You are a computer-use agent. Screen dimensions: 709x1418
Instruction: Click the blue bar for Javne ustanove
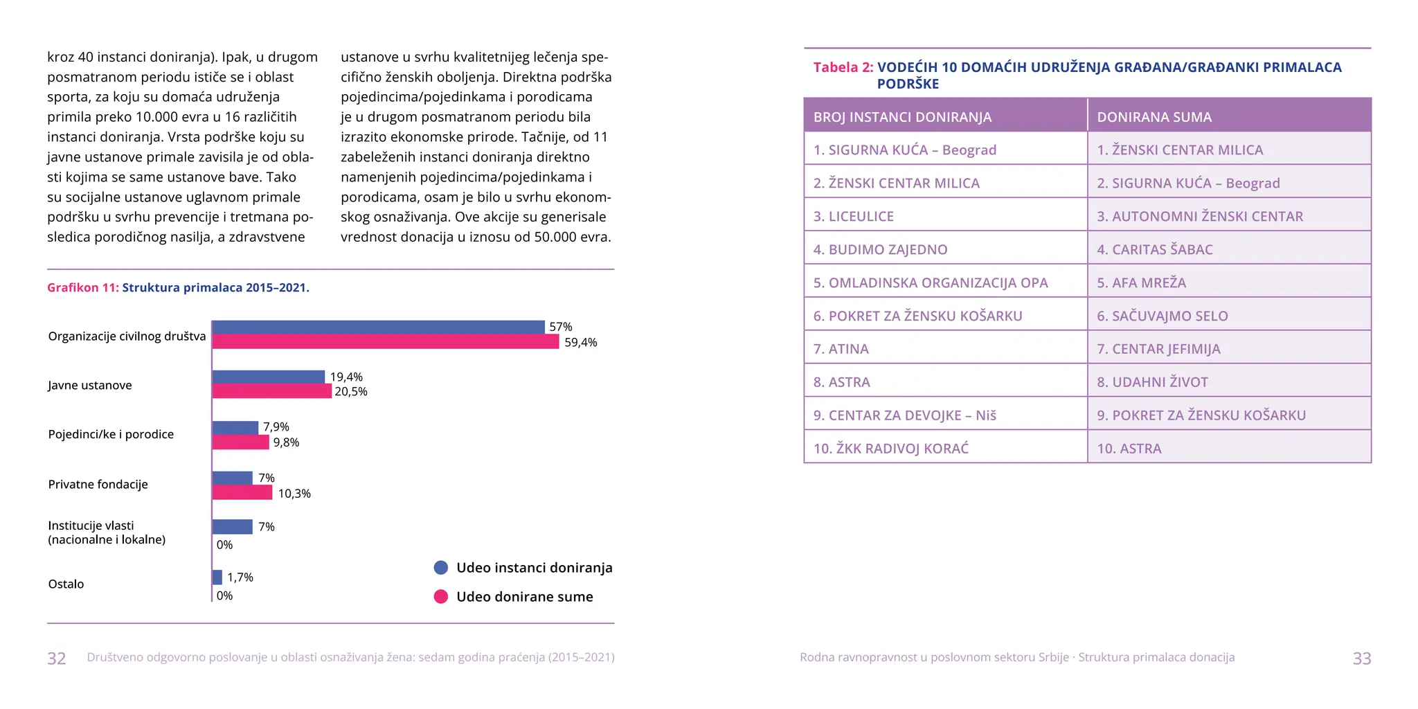(268, 377)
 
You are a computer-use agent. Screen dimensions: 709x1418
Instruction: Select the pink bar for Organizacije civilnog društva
(385, 342)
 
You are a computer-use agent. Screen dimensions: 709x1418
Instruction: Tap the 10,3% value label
(294, 494)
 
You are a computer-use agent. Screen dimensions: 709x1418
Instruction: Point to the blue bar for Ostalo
(217, 577)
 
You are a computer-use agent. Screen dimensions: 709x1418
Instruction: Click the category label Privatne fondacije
(98, 485)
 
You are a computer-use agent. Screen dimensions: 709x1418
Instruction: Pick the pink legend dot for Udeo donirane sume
(441, 597)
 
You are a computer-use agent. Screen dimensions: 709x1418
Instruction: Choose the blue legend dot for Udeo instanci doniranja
(441, 568)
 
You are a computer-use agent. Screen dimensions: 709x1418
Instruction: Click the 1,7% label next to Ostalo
(240, 577)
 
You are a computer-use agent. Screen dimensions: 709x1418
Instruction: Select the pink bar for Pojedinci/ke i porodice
(240, 442)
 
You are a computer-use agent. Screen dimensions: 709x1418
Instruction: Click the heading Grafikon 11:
(83, 288)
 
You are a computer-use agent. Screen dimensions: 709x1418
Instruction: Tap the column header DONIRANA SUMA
(1154, 117)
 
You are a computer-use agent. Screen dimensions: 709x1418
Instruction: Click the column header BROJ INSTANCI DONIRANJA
(902, 117)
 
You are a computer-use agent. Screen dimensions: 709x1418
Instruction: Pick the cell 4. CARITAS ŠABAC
(1155, 250)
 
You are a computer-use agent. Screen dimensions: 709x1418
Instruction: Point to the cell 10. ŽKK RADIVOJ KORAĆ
(891, 449)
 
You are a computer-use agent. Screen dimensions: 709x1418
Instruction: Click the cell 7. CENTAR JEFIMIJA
(1158, 349)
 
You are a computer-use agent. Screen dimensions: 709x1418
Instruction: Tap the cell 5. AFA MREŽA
(1141, 283)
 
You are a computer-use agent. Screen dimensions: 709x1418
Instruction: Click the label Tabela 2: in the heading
(843, 68)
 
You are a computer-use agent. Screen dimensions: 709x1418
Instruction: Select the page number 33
(1361, 658)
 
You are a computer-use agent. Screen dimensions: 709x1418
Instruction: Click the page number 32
(57, 658)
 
